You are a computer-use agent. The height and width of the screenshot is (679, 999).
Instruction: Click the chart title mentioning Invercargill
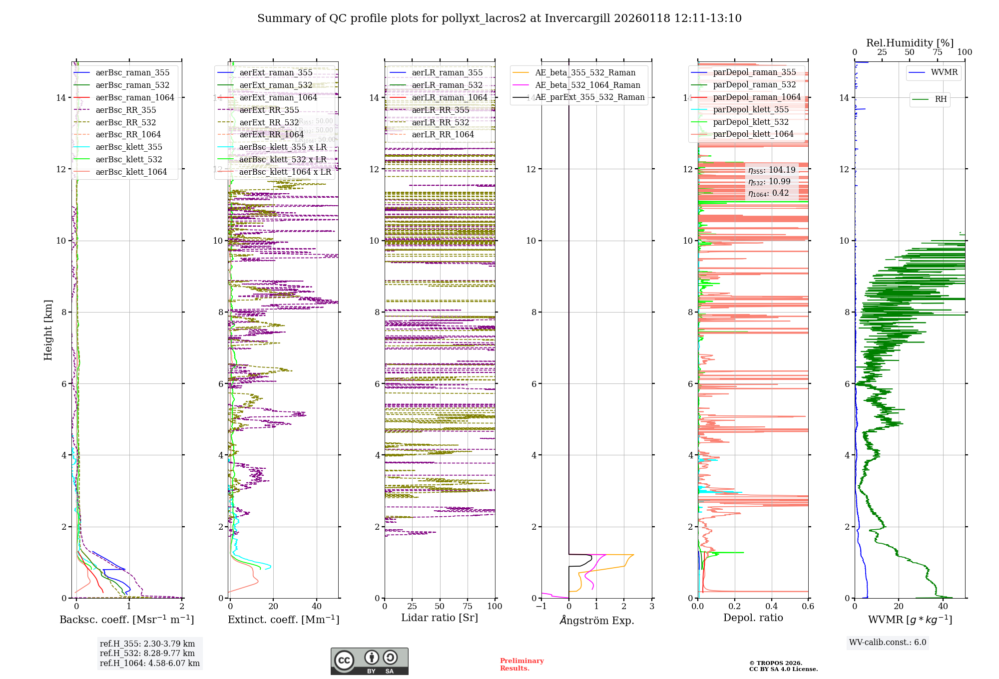point(499,18)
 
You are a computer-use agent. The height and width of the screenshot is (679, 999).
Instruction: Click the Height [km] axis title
point(48,330)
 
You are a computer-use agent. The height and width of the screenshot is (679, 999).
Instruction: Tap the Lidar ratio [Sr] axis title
point(440,618)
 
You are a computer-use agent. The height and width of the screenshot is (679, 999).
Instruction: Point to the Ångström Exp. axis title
point(597,620)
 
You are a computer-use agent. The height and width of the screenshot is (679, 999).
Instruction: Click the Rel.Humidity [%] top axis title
point(910,43)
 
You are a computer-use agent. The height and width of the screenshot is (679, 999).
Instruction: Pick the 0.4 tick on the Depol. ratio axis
point(771,607)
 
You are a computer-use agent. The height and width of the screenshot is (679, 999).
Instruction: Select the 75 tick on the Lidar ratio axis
point(468,607)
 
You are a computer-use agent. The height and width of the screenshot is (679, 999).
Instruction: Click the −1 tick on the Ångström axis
point(541,607)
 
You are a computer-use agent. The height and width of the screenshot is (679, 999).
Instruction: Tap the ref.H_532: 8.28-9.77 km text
point(147,653)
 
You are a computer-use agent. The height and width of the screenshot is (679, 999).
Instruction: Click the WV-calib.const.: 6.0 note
point(888,643)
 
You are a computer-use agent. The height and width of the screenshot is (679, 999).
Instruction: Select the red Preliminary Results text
point(521,665)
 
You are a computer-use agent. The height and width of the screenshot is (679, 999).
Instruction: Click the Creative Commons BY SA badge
point(369,662)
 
